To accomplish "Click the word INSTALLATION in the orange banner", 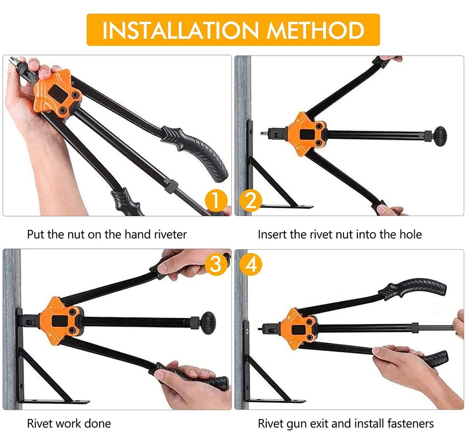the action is coord(180,30).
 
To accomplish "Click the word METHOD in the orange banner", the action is coord(316,30).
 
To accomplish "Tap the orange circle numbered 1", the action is coord(216,200).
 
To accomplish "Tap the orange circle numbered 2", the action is coord(251,200).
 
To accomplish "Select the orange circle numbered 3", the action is coord(216,264).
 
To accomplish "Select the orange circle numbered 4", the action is coord(251,264).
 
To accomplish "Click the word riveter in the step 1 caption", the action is coord(170,234).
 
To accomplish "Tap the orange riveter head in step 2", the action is coord(306,134).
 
